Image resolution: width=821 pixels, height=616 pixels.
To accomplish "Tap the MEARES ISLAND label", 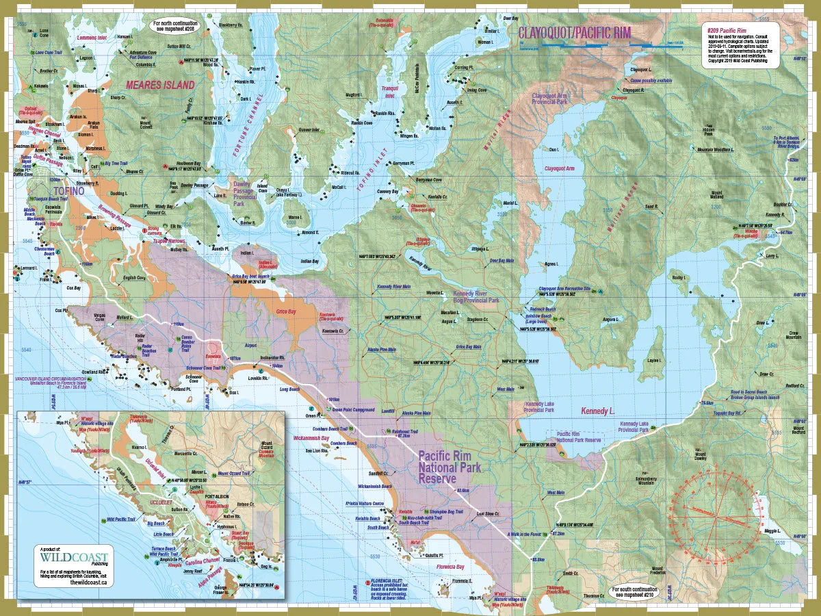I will point(161,85).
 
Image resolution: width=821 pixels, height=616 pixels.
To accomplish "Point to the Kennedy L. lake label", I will point(599,411).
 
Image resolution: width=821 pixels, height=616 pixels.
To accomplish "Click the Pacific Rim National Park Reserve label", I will point(449,467).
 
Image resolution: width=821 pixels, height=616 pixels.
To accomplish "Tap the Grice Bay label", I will point(286,311).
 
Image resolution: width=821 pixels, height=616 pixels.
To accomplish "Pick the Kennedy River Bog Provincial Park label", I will point(476,296).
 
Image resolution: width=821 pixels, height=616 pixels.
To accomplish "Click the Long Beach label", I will point(309,389).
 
